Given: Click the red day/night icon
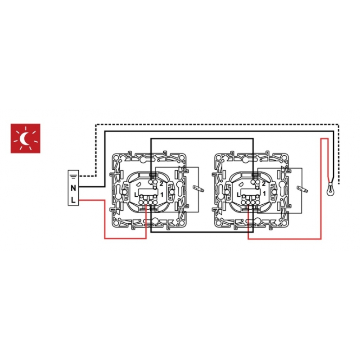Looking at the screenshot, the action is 26,139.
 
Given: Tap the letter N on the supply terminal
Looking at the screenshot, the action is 73,188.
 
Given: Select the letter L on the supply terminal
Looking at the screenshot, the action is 73,200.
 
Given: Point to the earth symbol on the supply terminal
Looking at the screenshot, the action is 73,176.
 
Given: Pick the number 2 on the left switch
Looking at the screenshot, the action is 162,184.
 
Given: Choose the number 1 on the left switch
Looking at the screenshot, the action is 162,195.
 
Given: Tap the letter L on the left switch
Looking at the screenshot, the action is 136,195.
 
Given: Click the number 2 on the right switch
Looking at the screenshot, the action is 264,184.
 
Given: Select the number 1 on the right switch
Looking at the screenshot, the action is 264,194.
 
